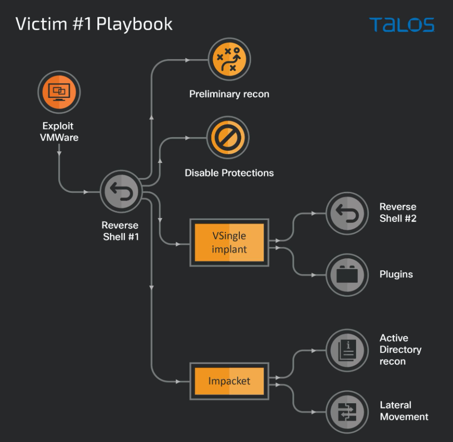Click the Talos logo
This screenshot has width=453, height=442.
pyautogui.click(x=402, y=25)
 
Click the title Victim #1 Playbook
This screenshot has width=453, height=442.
pyautogui.click(x=94, y=24)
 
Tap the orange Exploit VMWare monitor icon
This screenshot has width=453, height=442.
pyautogui.click(x=59, y=92)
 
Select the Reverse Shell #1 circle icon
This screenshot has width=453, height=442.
pyautogui.click(x=120, y=192)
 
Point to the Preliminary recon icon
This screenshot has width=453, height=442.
pyautogui.click(x=229, y=60)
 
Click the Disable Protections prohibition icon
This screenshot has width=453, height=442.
pyautogui.click(x=227, y=137)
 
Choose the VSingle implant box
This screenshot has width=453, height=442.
pyautogui.click(x=229, y=242)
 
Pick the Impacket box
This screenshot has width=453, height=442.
pyautogui.click(x=229, y=381)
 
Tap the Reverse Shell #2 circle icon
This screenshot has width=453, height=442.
pyautogui.click(x=347, y=213)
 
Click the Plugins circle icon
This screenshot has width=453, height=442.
pyautogui.click(x=347, y=274)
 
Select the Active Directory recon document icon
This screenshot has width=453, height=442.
pyautogui.click(x=347, y=350)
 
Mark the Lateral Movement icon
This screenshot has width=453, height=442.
pyautogui.click(x=347, y=411)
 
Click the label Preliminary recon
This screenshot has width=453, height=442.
pyautogui.click(x=229, y=94)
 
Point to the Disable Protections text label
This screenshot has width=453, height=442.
pyautogui.click(x=229, y=173)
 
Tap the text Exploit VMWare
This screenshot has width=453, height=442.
pyautogui.click(x=59, y=132)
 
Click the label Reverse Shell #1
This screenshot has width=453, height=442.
pyautogui.click(x=121, y=231)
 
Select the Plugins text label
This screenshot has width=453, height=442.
pyautogui.click(x=396, y=274)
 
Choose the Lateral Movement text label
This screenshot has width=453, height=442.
pyautogui.click(x=404, y=411)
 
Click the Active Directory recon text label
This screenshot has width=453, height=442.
pyautogui.click(x=400, y=349)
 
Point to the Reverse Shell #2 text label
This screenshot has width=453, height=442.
pyautogui.click(x=398, y=212)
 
